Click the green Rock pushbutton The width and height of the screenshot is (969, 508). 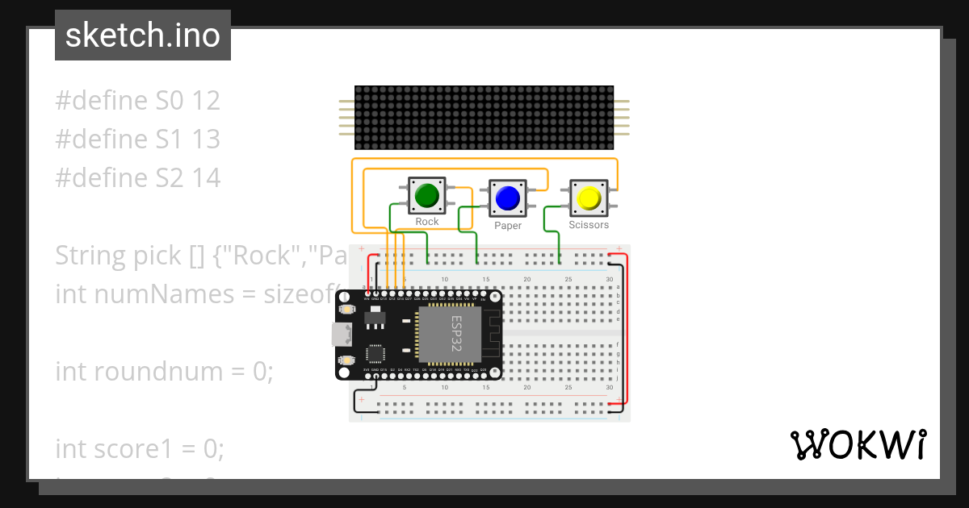[x=426, y=195]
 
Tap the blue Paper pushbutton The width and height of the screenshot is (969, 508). [x=507, y=198]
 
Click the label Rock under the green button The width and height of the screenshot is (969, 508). [x=426, y=222]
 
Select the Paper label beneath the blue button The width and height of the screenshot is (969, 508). [x=508, y=226]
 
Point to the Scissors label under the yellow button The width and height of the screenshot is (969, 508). [x=589, y=225]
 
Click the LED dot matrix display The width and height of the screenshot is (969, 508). [x=484, y=118]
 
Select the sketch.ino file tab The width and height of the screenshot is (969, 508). [x=143, y=35]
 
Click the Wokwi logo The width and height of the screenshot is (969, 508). [x=858, y=444]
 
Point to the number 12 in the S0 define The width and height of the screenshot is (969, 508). [x=205, y=101]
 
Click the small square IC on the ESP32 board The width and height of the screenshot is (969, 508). [x=375, y=354]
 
